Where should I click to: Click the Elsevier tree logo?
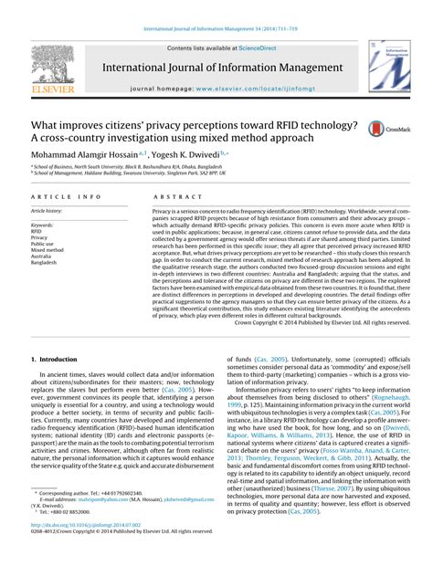[47, 68]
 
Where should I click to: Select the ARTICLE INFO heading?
[65, 197]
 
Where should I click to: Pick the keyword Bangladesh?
[46, 262]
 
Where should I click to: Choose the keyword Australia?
[44, 256]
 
